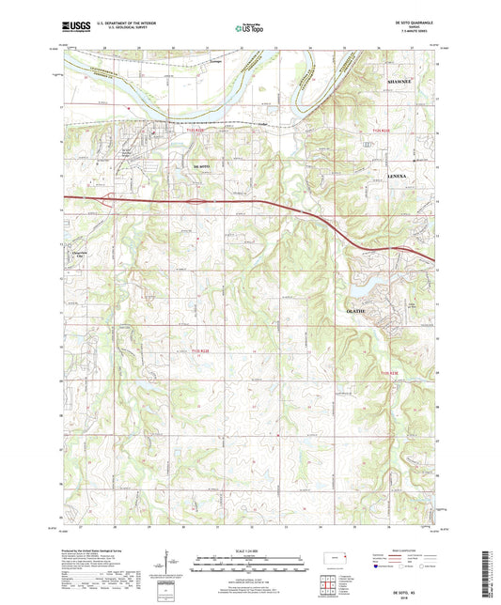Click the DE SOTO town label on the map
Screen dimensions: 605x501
tap(202, 166)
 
